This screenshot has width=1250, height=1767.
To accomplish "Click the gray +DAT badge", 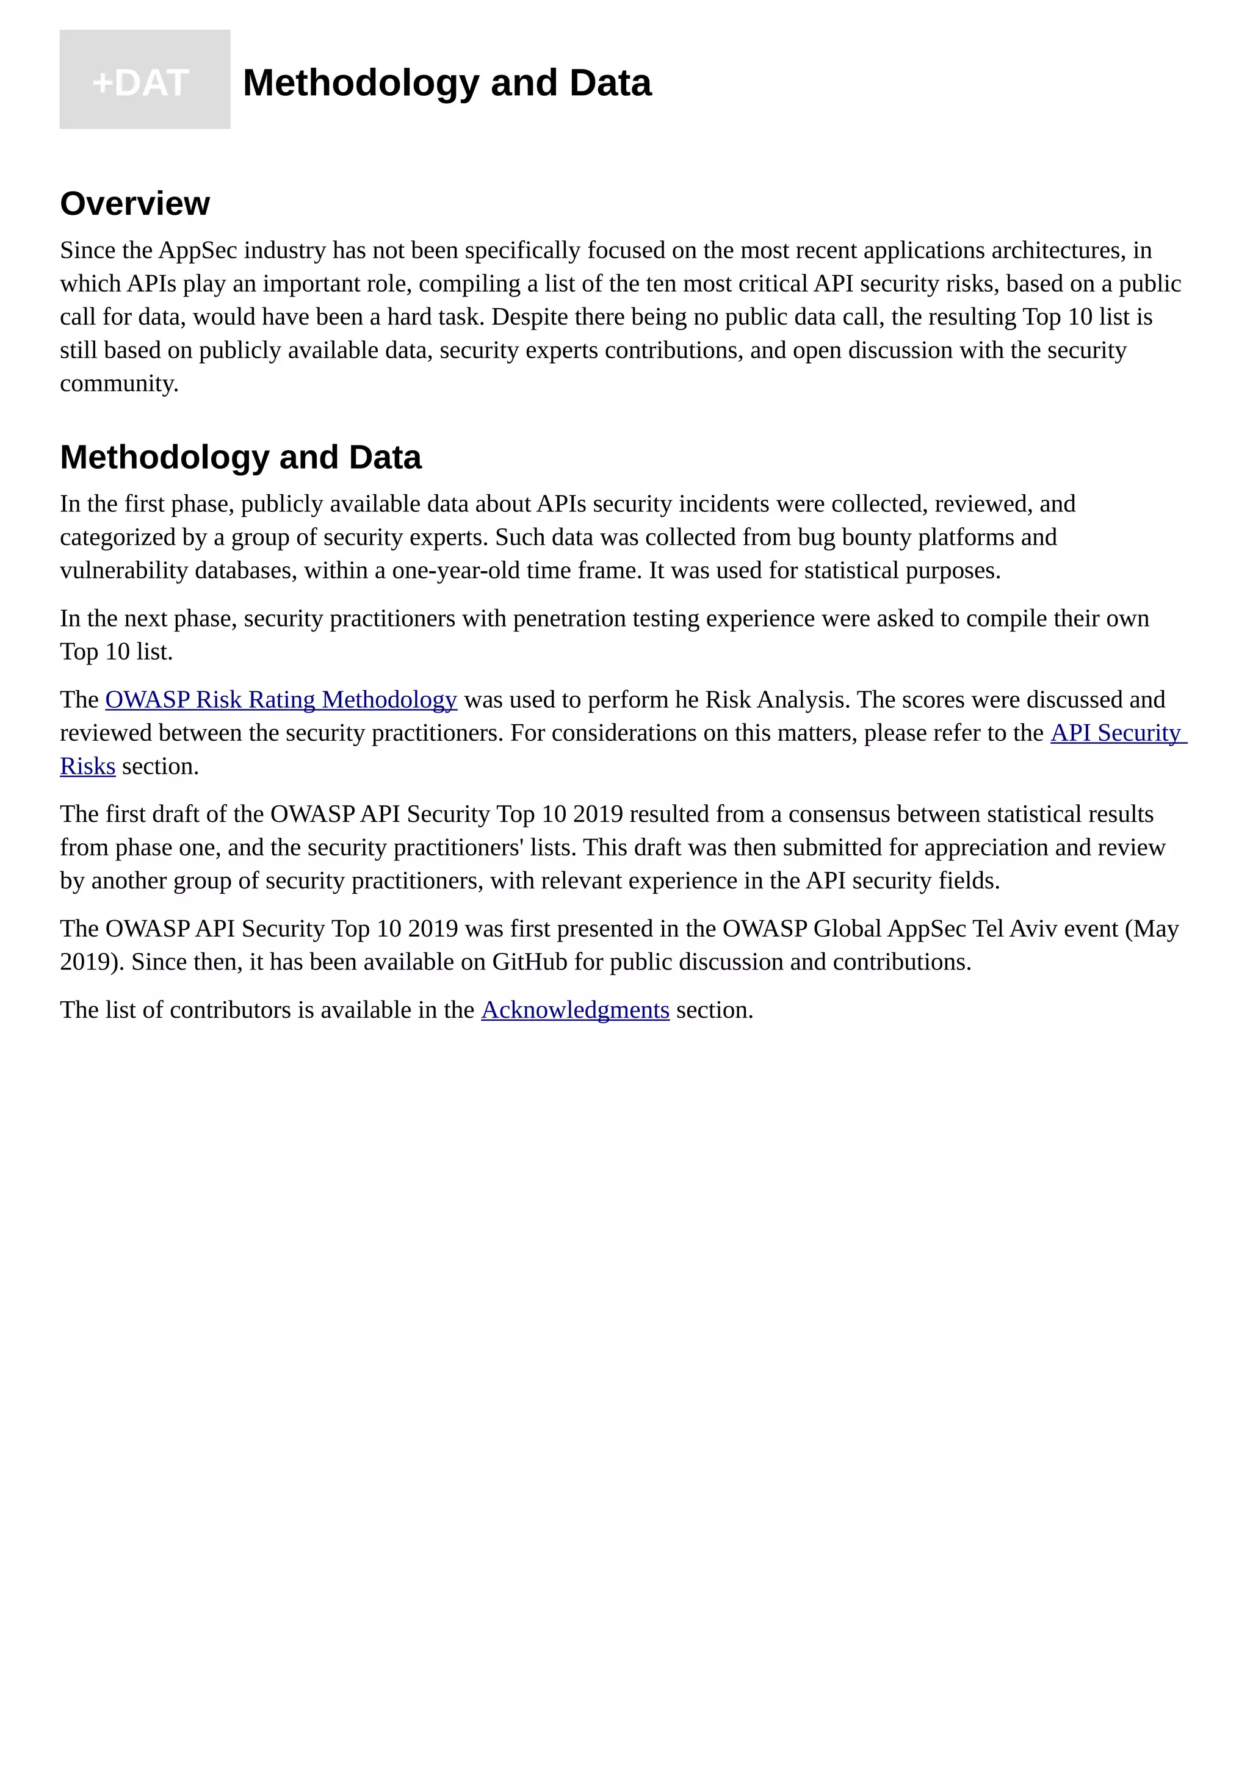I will [x=145, y=80].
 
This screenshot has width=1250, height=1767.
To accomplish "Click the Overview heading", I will [x=135, y=204].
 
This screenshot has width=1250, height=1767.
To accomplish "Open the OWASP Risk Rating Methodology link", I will [x=281, y=700].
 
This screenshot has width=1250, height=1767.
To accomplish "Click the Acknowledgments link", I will [x=575, y=1010].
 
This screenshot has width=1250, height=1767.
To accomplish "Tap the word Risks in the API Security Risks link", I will [x=88, y=766].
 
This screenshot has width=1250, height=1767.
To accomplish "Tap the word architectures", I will [x=1058, y=251].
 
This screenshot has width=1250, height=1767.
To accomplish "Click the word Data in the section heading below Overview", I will [x=385, y=457].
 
